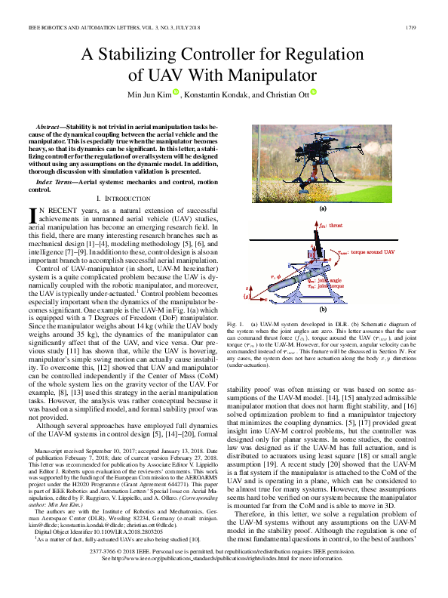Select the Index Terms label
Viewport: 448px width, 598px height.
[x=59, y=183]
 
